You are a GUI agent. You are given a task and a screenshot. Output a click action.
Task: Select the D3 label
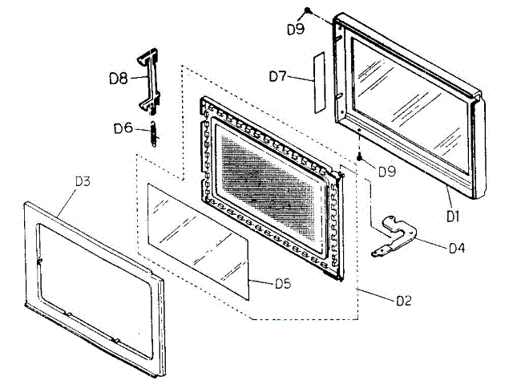[x=82, y=181]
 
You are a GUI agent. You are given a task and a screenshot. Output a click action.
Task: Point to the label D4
[x=457, y=248]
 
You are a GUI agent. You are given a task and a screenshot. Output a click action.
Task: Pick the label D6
[x=122, y=128]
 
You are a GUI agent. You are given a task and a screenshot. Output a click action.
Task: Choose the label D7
[x=278, y=76]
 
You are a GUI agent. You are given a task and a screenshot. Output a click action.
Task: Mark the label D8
[x=119, y=80]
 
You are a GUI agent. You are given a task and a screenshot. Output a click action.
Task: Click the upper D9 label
[x=296, y=30]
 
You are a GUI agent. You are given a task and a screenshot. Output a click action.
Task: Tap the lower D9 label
[x=386, y=172]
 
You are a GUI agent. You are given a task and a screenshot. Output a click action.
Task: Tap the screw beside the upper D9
[x=307, y=10]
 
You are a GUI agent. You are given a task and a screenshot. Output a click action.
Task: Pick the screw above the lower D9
[x=361, y=157]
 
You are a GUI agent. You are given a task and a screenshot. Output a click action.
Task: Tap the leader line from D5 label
[x=261, y=281]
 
